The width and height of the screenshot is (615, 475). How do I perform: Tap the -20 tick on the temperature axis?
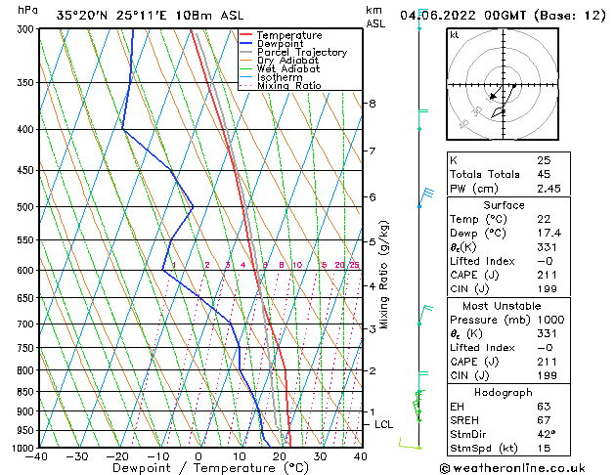pos(117,456)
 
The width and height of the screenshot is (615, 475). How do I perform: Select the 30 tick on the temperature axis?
pos(320,456)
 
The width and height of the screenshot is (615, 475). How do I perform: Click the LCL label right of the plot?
pos(384,424)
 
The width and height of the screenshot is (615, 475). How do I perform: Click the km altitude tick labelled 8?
pos(372,103)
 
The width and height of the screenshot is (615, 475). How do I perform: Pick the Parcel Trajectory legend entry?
pos(301,53)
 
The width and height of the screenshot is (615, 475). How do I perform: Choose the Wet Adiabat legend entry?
pos(287,69)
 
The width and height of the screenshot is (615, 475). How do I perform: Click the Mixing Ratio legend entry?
pos(289,86)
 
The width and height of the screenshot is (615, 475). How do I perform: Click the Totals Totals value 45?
pos(544,174)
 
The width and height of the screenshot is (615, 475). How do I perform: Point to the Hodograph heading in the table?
pos(504,392)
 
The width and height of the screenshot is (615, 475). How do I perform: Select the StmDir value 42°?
pos(546,433)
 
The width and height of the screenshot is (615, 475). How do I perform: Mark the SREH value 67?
pos(544,419)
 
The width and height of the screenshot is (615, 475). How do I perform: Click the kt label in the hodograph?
pos(454,35)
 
